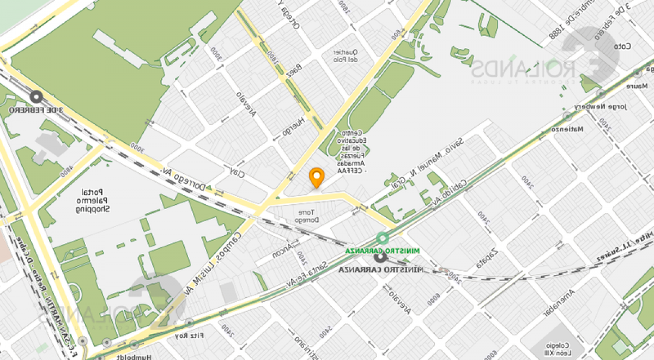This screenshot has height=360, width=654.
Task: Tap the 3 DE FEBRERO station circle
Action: point(37,97)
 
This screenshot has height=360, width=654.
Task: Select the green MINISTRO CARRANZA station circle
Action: point(383,238)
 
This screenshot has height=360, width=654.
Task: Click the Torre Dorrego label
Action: point(305,216)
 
